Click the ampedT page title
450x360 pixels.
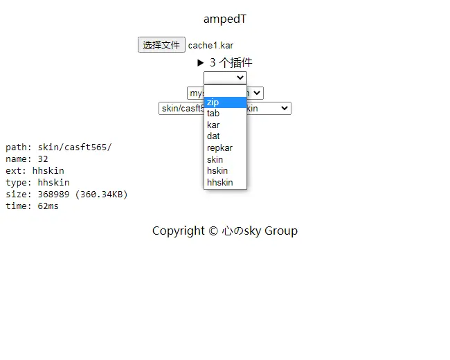[224, 19]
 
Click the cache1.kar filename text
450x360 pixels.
[210, 46]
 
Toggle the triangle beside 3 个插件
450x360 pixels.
[201, 62]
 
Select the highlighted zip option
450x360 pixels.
[225, 102]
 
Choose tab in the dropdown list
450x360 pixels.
[213, 114]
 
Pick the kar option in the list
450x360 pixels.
[213, 125]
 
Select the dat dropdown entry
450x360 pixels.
[213, 136]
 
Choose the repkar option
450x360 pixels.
[219, 148]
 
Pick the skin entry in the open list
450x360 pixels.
[215, 159]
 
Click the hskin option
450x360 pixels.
[217, 171]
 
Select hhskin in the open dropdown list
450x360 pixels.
[219, 183]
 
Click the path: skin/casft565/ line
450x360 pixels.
[58, 147]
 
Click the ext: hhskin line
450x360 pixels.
[37, 171]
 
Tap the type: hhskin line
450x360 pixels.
[37, 183]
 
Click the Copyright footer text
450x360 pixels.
[224, 231]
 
